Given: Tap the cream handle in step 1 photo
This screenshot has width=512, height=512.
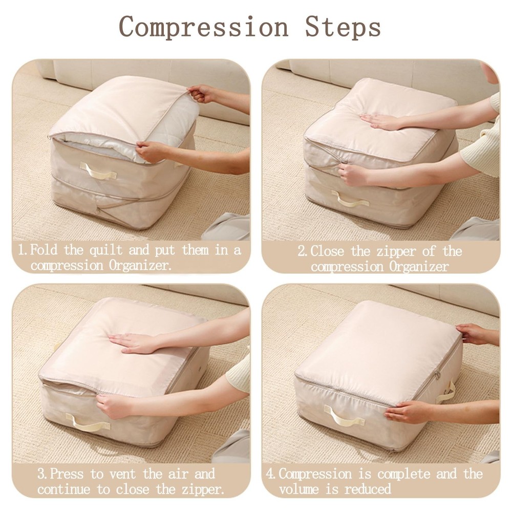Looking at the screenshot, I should pos(99,173).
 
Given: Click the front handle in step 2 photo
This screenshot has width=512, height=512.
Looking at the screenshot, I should pos(350,200).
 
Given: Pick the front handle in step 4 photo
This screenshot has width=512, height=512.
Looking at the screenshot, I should pos(345,416).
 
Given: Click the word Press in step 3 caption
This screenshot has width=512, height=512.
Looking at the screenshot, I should pos(71,474).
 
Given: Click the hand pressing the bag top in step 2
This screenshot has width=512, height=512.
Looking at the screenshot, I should pos(381,121).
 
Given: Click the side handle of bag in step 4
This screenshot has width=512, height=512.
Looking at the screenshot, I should pos(447,392).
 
